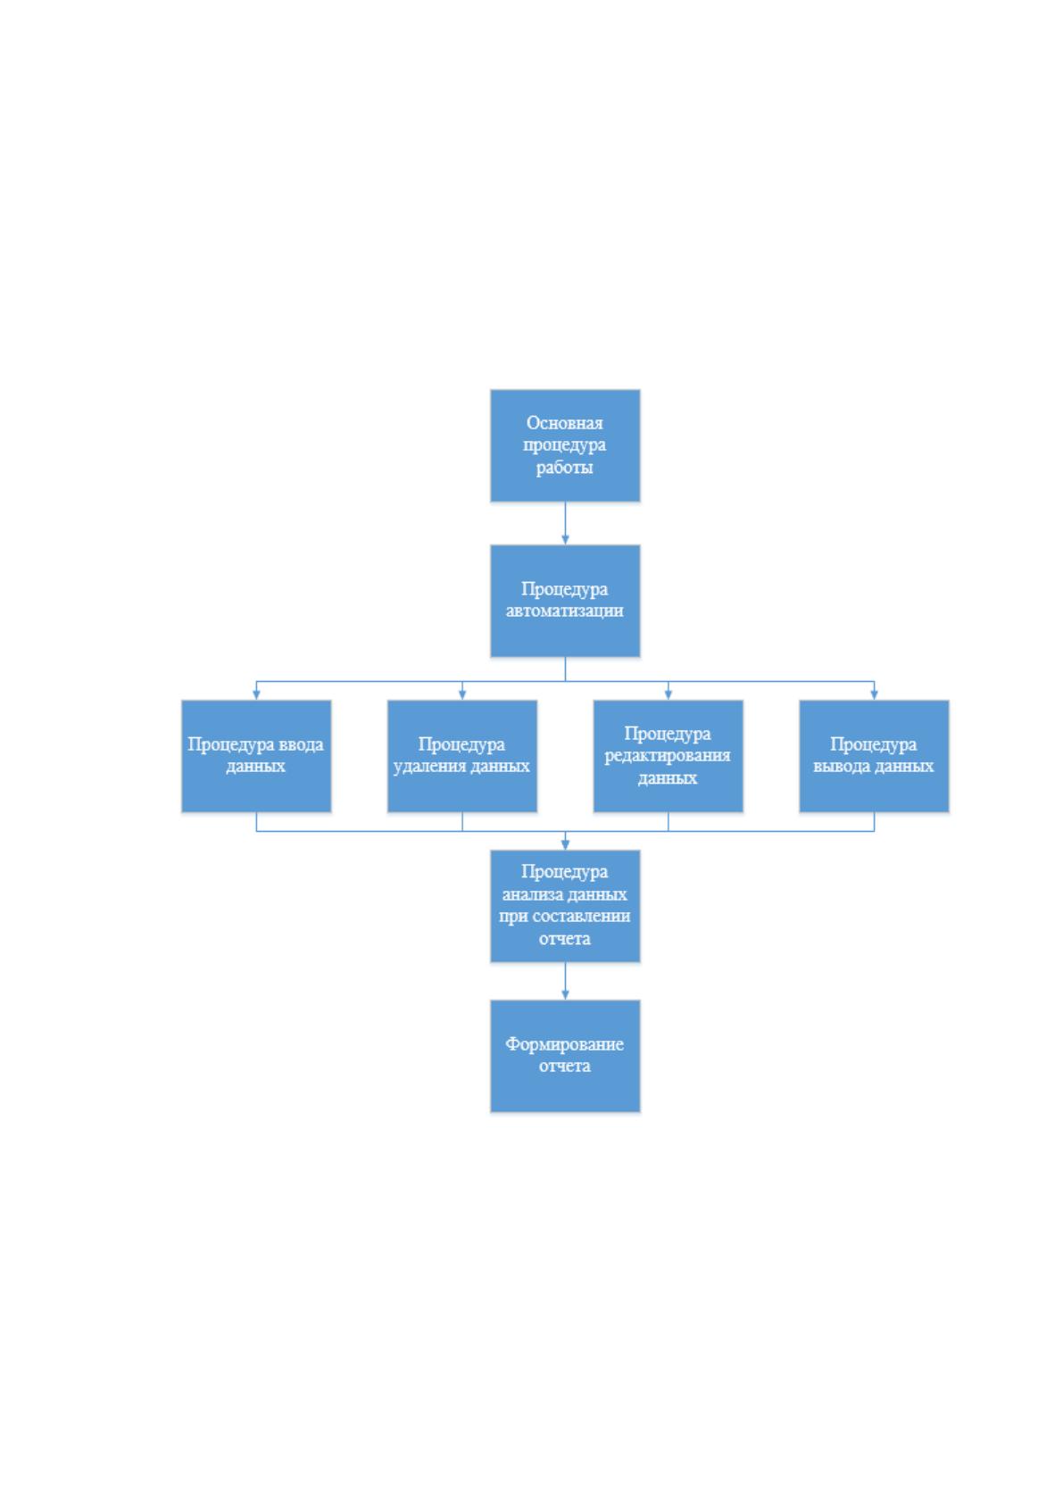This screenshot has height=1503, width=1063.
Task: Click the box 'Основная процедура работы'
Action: click(x=564, y=444)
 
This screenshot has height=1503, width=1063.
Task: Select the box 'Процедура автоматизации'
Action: click(x=564, y=601)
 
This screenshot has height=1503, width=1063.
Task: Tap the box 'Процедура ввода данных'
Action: click(x=255, y=756)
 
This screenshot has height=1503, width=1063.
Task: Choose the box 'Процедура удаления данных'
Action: click(x=461, y=756)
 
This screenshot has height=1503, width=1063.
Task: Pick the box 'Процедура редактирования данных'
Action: click(x=668, y=756)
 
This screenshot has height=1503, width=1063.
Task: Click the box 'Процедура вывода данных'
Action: click(x=874, y=756)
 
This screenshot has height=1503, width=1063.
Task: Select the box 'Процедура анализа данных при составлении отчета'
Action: click(x=564, y=906)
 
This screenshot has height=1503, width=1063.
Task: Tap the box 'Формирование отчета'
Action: click(x=564, y=1056)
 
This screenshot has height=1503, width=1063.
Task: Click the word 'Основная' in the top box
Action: click(x=564, y=423)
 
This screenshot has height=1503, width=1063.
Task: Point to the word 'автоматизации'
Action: click(x=564, y=610)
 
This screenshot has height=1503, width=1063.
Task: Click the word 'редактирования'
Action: click(x=667, y=756)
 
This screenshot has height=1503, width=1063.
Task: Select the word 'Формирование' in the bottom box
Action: click(x=564, y=1044)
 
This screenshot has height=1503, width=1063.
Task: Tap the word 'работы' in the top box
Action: click(x=564, y=467)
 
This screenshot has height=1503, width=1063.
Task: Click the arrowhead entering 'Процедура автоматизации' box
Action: click(x=565, y=540)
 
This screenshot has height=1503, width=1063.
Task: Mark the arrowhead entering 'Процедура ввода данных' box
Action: click(x=256, y=696)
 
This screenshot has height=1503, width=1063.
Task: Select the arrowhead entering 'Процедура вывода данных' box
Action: click(x=874, y=696)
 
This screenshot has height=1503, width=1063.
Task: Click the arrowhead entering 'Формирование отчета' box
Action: click(x=565, y=995)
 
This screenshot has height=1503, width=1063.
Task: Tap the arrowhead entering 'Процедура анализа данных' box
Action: click(x=565, y=845)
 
